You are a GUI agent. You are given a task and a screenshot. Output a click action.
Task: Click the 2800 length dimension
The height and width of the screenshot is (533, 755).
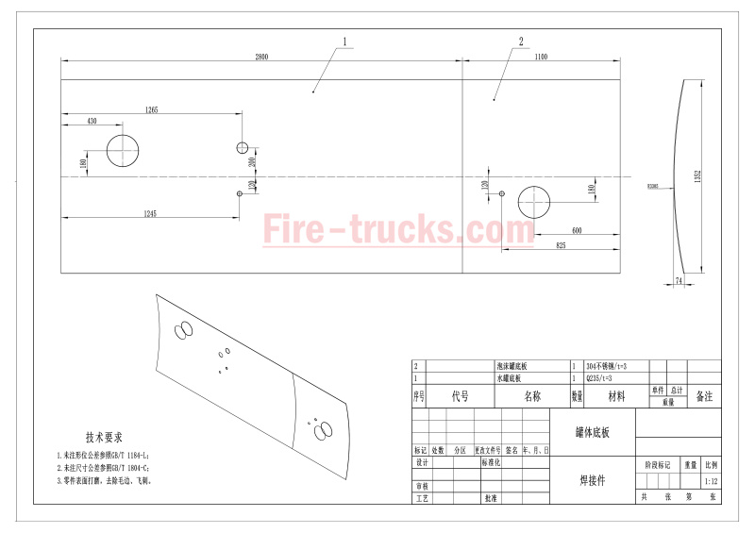[261, 58]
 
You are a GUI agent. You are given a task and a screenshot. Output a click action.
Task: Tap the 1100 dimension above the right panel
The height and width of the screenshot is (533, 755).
[541, 58]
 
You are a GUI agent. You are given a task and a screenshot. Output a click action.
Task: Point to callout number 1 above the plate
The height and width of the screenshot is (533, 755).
[345, 42]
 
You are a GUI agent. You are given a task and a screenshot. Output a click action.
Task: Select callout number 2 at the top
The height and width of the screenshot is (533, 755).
[521, 42]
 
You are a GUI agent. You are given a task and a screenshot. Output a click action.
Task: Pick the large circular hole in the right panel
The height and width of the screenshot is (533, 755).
[536, 203]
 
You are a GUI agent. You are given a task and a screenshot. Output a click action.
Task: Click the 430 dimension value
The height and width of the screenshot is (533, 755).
[92, 122]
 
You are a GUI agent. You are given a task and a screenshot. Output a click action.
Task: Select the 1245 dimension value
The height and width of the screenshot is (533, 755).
[149, 213]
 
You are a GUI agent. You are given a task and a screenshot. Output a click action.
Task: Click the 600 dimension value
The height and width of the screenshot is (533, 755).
[576, 231]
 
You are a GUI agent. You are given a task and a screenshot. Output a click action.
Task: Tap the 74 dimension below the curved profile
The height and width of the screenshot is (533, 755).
[679, 281]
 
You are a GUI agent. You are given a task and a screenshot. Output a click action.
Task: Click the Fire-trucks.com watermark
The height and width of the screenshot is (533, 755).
[385, 229]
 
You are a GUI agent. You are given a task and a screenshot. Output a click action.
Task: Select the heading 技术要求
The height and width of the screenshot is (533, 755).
[104, 438]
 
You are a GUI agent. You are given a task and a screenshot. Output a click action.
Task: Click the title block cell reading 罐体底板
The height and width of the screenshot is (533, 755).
[593, 432]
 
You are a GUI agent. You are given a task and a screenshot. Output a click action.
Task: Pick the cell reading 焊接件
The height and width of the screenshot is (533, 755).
[593, 480]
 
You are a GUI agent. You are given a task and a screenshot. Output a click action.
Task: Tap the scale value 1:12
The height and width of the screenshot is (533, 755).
[711, 480]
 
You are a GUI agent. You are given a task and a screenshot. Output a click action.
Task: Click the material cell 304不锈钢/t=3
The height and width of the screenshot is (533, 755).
[607, 366]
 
